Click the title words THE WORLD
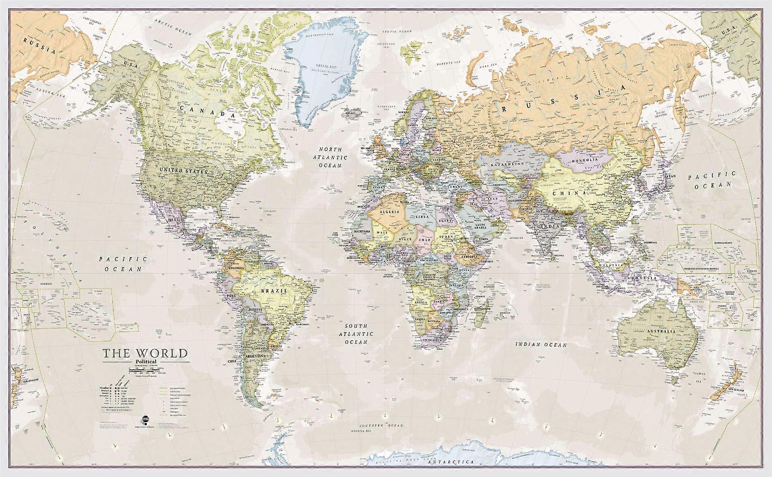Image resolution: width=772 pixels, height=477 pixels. click(x=145, y=353)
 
